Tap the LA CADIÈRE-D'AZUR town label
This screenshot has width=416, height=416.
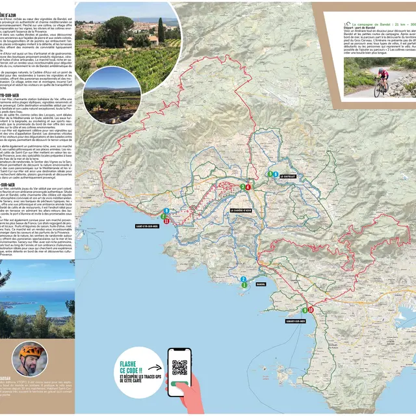[x=244, y=210]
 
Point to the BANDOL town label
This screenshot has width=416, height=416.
[x=261, y=284]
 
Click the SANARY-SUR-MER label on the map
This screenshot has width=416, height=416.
[x=296, y=320]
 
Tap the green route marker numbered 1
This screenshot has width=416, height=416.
[x=244, y=285]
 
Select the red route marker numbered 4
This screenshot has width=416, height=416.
[x=248, y=187]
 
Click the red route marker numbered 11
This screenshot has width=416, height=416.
[x=167, y=221]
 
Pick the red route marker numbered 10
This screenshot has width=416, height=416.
[x=311, y=310]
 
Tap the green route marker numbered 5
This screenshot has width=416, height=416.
[x=270, y=174]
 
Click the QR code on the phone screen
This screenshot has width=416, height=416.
[x=179, y=367]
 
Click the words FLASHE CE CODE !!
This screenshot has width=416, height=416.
[x=134, y=364]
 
